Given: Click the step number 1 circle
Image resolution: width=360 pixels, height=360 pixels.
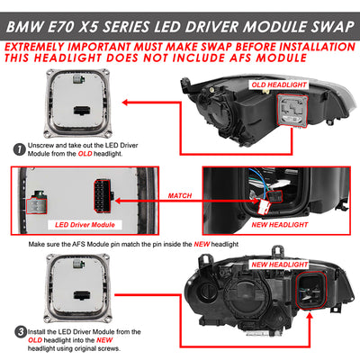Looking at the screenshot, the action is [19, 149].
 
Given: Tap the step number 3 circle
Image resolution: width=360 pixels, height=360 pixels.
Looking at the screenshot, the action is [21, 332].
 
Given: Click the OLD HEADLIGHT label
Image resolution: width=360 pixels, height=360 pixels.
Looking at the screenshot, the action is [279, 85].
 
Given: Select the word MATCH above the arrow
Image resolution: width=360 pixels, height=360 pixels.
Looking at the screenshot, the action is [180, 195].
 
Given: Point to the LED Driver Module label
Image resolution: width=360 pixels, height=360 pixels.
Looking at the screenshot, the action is [85, 225].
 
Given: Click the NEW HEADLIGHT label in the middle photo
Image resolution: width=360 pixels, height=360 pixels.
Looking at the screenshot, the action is [280, 225].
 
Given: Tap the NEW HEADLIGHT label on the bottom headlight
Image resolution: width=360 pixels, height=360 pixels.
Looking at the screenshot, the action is [280, 265].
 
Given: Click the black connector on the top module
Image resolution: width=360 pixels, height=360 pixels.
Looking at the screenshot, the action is [81, 111].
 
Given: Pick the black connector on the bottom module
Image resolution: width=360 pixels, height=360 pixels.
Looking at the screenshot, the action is [81, 295].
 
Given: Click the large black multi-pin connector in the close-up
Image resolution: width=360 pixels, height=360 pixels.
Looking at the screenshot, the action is [103, 196].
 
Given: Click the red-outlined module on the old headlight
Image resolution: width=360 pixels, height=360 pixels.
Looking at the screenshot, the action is [292, 111].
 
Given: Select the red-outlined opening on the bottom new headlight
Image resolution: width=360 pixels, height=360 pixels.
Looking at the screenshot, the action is [311, 291].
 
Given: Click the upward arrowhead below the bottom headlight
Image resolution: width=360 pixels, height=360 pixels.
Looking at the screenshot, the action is [310, 316].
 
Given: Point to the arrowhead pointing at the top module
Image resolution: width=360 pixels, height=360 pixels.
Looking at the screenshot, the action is [125, 103].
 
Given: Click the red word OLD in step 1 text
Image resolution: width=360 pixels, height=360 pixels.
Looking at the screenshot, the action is [85, 154].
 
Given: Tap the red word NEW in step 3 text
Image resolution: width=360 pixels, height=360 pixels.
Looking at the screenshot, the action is [104, 340].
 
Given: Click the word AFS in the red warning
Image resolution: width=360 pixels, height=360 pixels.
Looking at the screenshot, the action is [242, 58].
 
